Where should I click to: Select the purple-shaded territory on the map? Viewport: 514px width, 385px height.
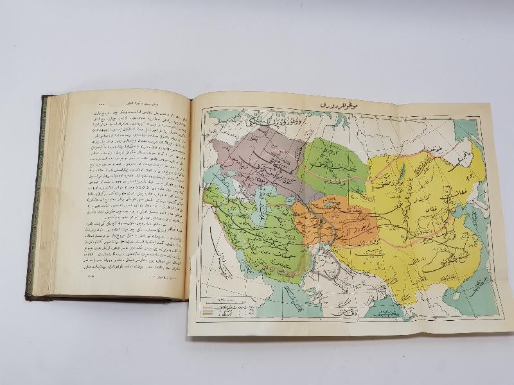pyautogui.click(x=257, y=154)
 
